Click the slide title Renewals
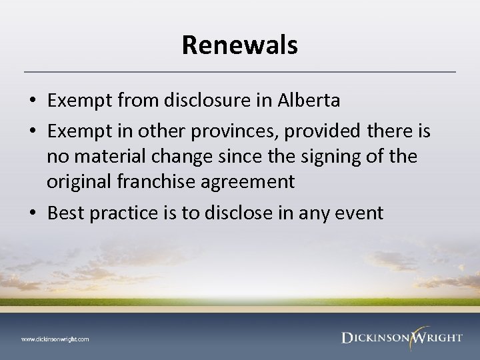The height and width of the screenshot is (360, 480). (x=240, y=45)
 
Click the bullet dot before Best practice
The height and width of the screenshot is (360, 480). (x=33, y=214)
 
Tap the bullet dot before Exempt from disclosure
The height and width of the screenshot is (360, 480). (x=33, y=101)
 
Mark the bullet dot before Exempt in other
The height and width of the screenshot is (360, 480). (x=33, y=132)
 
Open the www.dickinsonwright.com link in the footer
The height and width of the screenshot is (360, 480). (x=55, y=339)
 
